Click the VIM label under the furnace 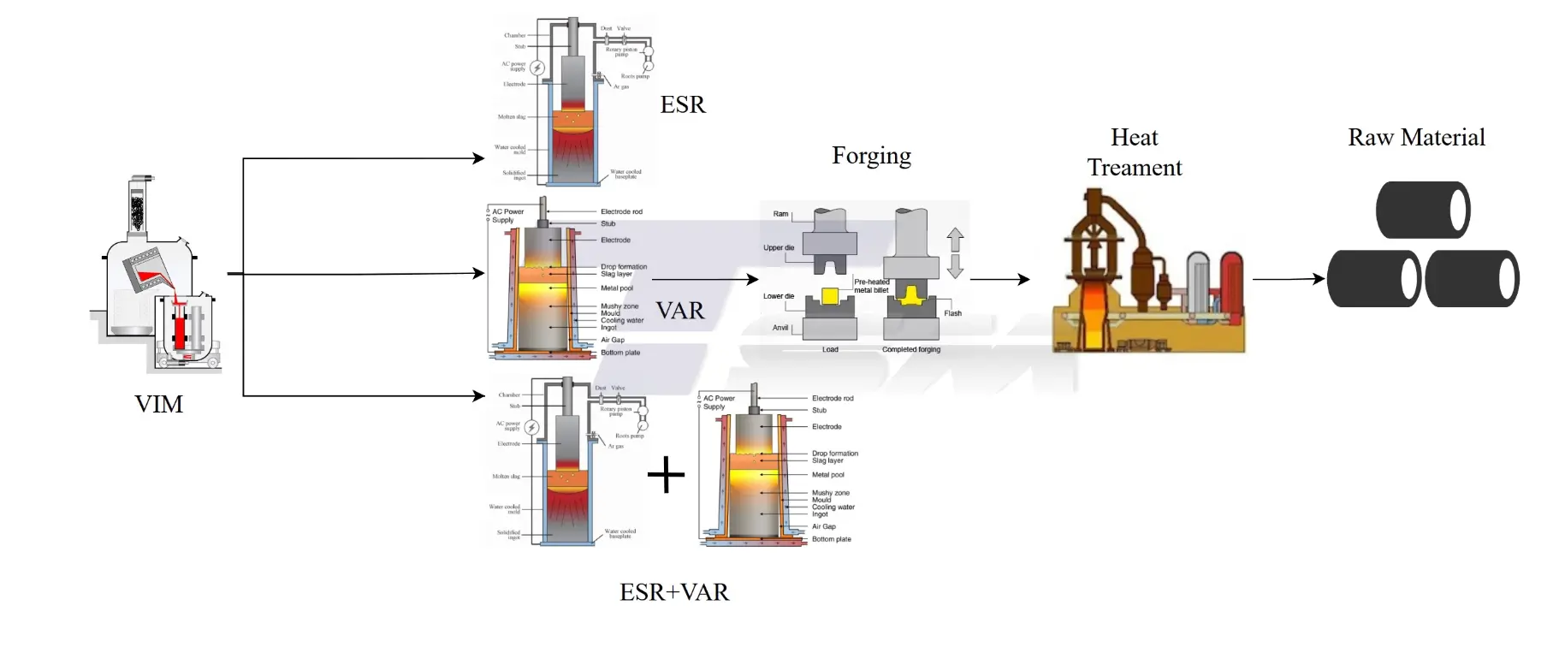click(158, 404)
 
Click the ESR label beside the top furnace click(683, 104)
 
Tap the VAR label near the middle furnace click(680, 311)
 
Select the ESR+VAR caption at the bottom click(674, 592)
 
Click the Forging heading click(871, 156)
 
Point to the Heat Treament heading click(1134, 152)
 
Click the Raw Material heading click(1416, 137)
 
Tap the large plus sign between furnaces click(667, 475)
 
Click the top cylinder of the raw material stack click(1422, 210)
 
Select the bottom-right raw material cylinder click(1471, 278)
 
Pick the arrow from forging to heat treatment click(999, 279)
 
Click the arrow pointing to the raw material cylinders click(1288, 279)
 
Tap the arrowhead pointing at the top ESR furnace click(479, 158)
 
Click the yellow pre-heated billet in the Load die click(829, 297)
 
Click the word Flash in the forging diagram click(952, 313)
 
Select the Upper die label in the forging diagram click(778, 248)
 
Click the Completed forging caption click(910, 349)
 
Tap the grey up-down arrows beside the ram click(955, 252)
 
